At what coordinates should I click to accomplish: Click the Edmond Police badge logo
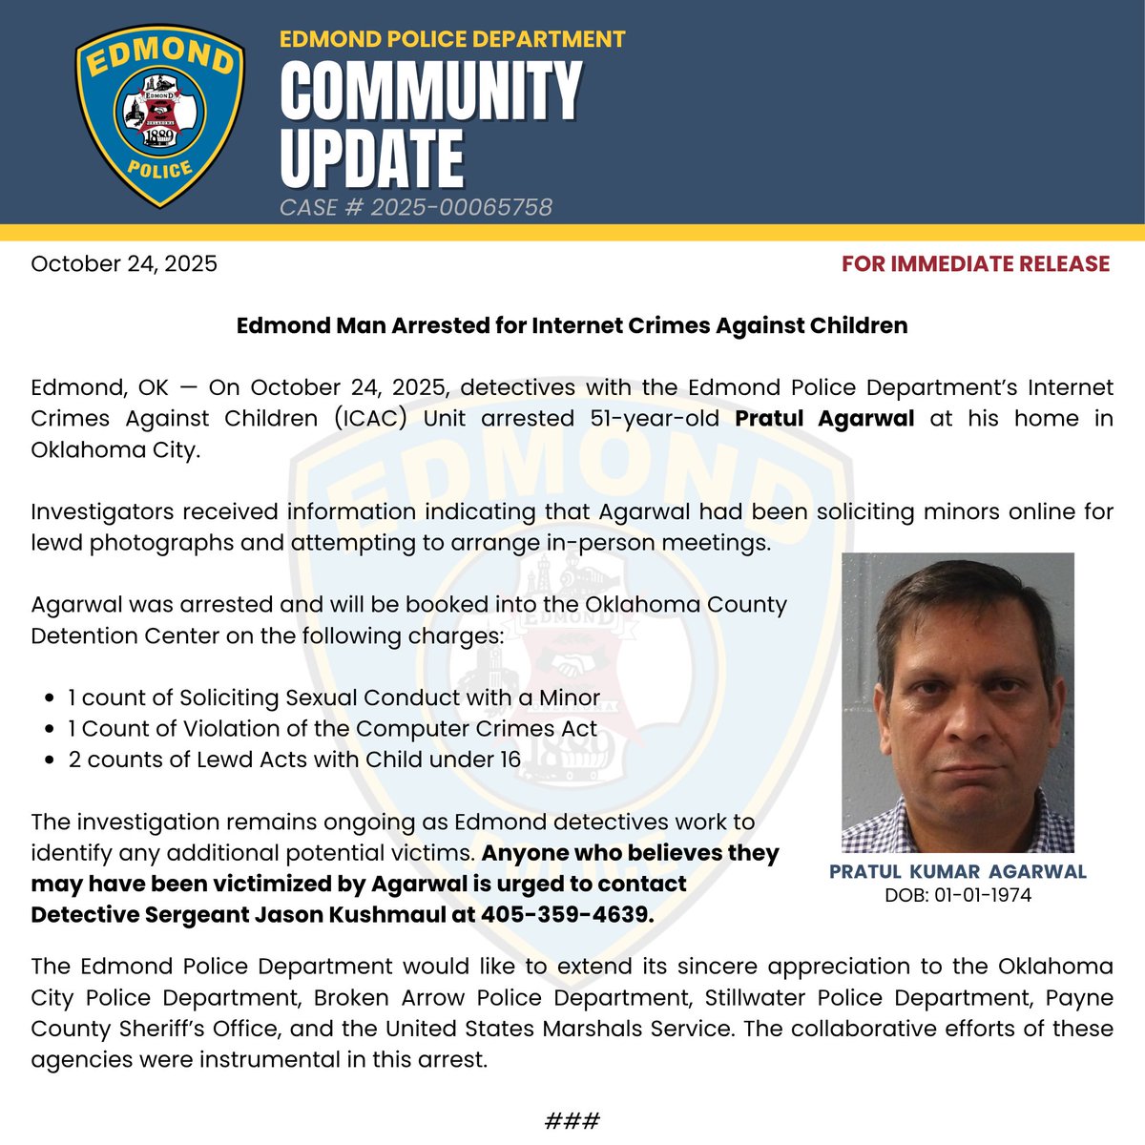(159, 114)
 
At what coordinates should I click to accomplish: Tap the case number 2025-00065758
(416, 207)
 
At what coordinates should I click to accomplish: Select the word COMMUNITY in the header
(430, 91)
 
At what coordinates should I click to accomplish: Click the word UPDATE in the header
(372, 157)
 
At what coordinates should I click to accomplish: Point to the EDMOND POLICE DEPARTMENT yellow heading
(452, 39)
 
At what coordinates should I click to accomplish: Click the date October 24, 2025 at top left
(124, 263)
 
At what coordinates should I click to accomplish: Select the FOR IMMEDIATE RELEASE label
(975, 263)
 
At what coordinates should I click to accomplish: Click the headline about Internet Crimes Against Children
(572, 325)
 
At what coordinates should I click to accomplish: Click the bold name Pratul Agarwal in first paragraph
(824, 418)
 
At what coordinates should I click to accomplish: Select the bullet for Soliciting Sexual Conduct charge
(334, 697)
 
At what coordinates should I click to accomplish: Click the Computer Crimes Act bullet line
(332, 729)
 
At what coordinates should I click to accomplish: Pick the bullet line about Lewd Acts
(294, 760)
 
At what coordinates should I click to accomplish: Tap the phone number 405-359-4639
(567, 914)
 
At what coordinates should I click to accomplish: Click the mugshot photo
(957, 702)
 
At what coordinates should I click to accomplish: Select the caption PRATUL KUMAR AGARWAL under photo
(957, 871)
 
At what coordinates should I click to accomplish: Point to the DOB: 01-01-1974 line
(957, 895)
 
